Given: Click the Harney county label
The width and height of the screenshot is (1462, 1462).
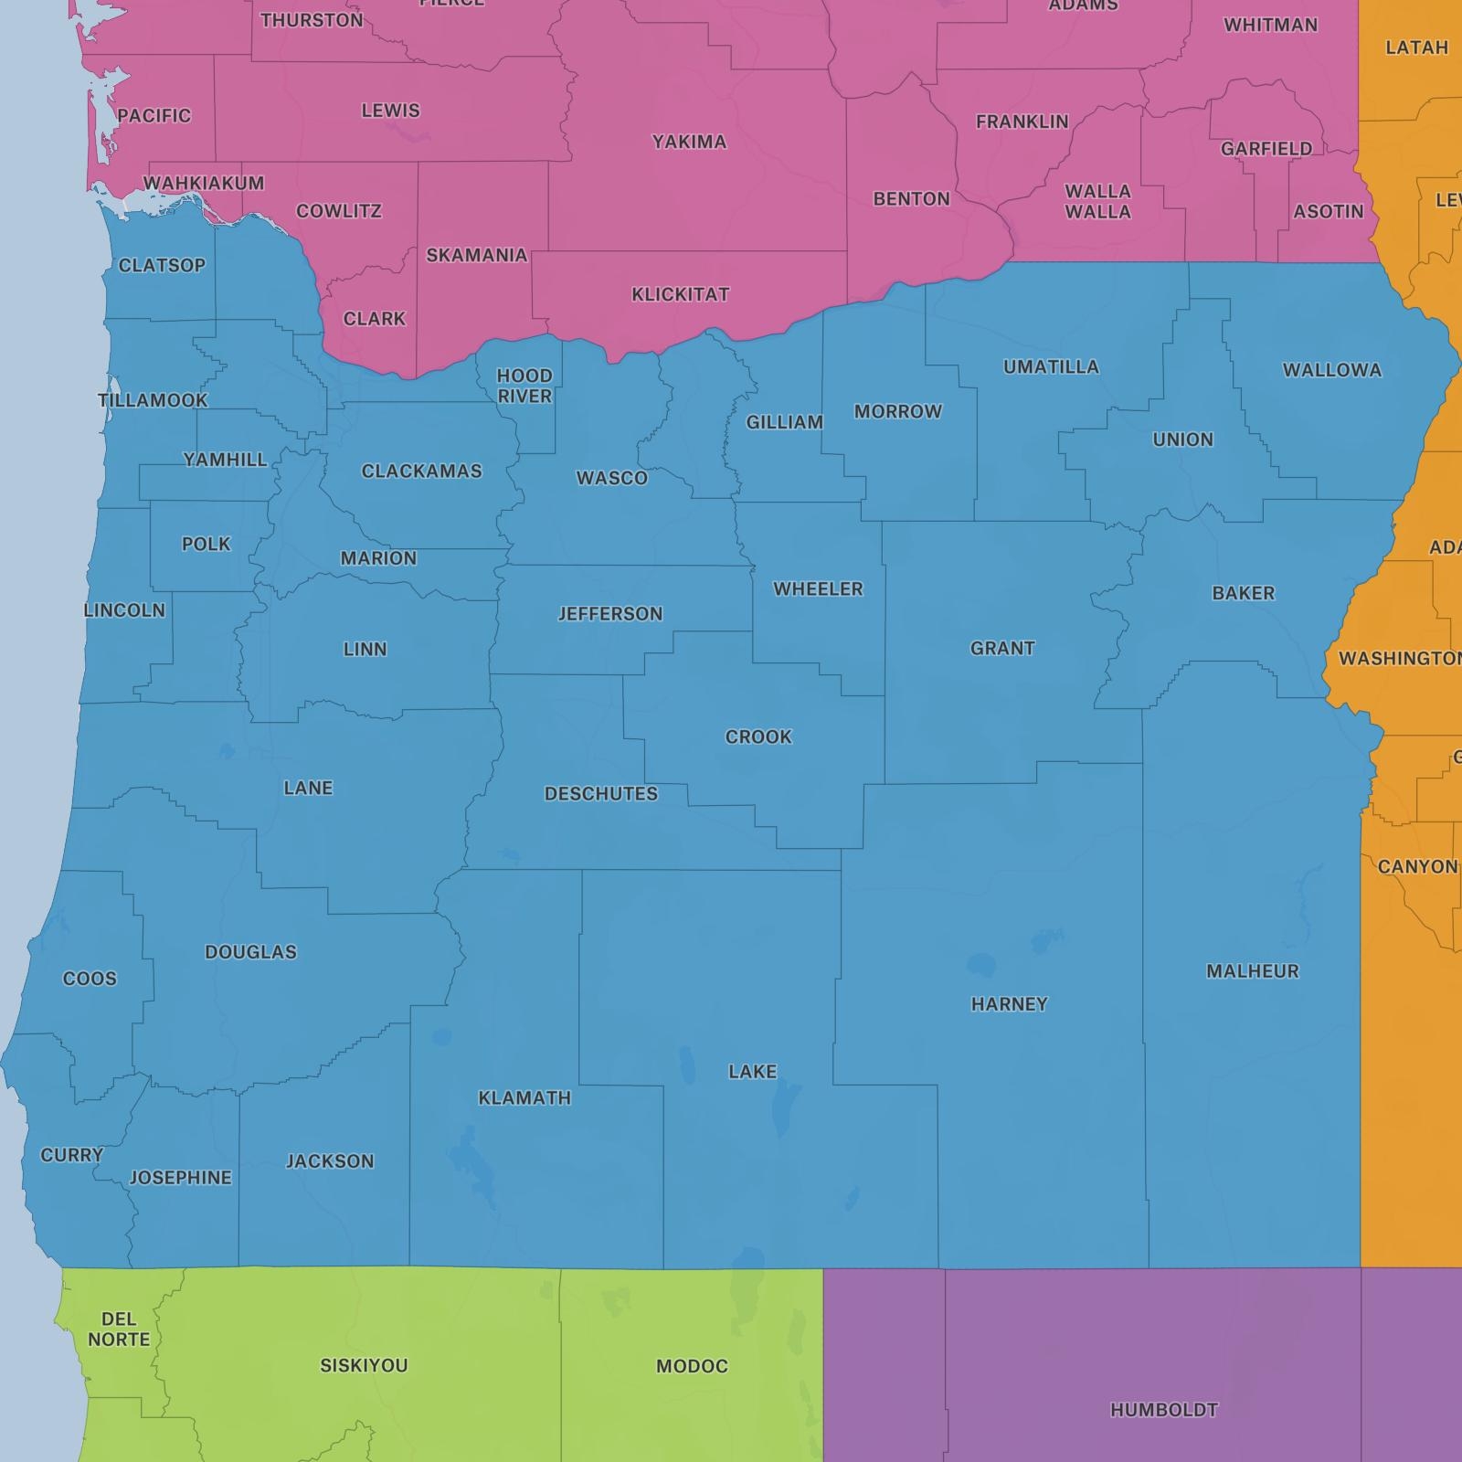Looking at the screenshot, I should coord(1009,1004).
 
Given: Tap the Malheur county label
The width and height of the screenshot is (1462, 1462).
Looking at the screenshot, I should coord(1252,971).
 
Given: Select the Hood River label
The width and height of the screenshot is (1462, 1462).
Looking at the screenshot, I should coord(524,386).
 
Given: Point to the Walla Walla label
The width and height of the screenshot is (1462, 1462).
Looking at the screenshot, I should coord(1097,201).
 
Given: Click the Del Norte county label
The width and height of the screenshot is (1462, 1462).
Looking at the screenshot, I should coord(119,1329).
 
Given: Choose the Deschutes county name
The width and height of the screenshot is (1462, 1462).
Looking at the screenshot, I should coord(601,794).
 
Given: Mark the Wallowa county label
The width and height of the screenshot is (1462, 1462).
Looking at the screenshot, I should coord(1331,370).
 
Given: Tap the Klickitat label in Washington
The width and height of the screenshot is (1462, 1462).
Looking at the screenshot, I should coord(680,294).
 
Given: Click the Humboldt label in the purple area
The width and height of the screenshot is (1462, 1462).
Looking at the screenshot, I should coord(1163,1410).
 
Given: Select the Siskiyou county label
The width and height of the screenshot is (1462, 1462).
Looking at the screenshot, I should coord(364,1365).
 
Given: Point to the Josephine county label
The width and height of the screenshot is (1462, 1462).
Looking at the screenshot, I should coord(180,1178).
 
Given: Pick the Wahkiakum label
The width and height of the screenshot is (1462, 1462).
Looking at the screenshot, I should coord(204,183).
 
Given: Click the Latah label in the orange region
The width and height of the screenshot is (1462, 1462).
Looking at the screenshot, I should coord(1416,48).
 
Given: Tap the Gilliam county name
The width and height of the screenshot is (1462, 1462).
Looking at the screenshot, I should coord(784,422).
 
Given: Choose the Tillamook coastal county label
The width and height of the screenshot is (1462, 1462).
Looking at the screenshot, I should coord(153,400).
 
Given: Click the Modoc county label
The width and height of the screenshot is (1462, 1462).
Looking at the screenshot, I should coord(692,1366).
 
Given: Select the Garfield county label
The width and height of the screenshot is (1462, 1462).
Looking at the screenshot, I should coord(1266,148).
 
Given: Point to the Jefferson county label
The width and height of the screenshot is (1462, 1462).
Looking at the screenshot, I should coord(610,614).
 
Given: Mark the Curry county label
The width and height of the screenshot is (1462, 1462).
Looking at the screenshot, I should coord(71,1155).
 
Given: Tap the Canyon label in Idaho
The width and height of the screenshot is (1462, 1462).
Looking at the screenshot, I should coord(1416,866).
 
